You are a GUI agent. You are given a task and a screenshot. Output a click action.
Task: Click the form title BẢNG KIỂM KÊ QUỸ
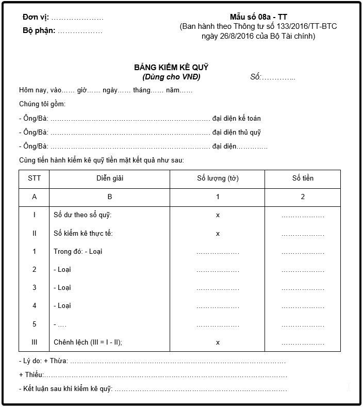[171, 68]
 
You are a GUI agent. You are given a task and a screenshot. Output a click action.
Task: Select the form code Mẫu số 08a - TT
[258, 17]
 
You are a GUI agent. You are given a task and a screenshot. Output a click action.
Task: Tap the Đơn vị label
[36, 18]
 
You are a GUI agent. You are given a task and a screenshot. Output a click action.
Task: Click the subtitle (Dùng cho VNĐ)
[171, 77]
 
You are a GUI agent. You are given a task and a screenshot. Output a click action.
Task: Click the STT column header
[34, 178]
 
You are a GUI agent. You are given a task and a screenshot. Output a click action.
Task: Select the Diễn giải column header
[109, 178]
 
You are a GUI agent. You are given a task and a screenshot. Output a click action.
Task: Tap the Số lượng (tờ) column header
[218, 178]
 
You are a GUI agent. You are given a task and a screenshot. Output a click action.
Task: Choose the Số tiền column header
[303, 178]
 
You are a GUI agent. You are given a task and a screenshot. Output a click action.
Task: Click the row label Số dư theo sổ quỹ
[82, 215]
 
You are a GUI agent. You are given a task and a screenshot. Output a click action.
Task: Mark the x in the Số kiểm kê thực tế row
[218, 234]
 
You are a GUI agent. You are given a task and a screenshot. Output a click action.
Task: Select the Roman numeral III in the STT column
[34, 342]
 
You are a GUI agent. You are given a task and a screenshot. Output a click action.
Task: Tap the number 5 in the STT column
[34, 324]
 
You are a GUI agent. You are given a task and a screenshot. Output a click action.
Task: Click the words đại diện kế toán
[236, 119]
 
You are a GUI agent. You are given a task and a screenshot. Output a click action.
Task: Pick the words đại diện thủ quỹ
[236, 133]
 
